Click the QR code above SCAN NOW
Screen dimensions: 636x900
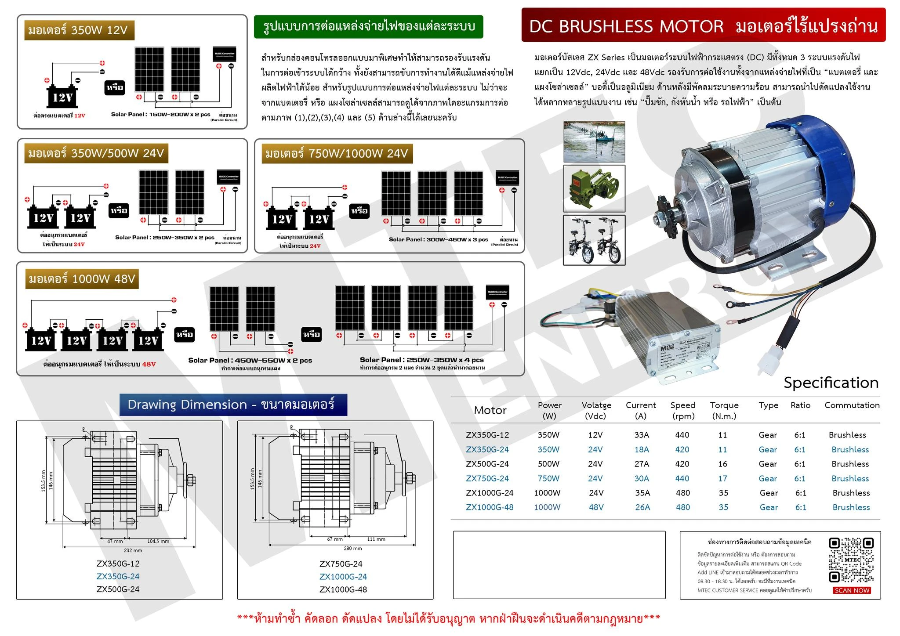[x=851, y=560]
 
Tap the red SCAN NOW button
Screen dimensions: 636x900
[x=852, y=590]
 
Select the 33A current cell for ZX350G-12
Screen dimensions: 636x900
[x=641, y=435]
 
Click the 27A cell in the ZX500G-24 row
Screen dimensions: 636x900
[x=641, y=464]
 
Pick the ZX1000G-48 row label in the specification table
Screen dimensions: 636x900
[x=490, y=507]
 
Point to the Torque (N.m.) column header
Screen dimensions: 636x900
[x=724, y=410]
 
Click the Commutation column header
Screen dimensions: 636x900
[x=852, y=405]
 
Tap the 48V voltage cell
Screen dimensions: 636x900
[x=596, y=507]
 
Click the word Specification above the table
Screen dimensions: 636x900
[x=831, y=383]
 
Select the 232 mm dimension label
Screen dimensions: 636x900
[x=133, y=550]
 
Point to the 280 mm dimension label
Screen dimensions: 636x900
[x=352, y=548]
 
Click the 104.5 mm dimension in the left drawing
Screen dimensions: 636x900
[x=158, y=541]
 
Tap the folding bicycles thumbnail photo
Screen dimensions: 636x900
[x=594, y=240]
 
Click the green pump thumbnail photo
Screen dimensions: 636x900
[x=594, y=188]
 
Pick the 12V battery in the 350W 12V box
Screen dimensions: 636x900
[x=62, y=96]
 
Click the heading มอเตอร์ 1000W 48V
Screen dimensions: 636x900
[x=82, y=279]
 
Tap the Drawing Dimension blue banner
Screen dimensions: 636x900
[x=233, y=405]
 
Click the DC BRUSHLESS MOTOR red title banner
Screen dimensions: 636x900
[x=703, y=25]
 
